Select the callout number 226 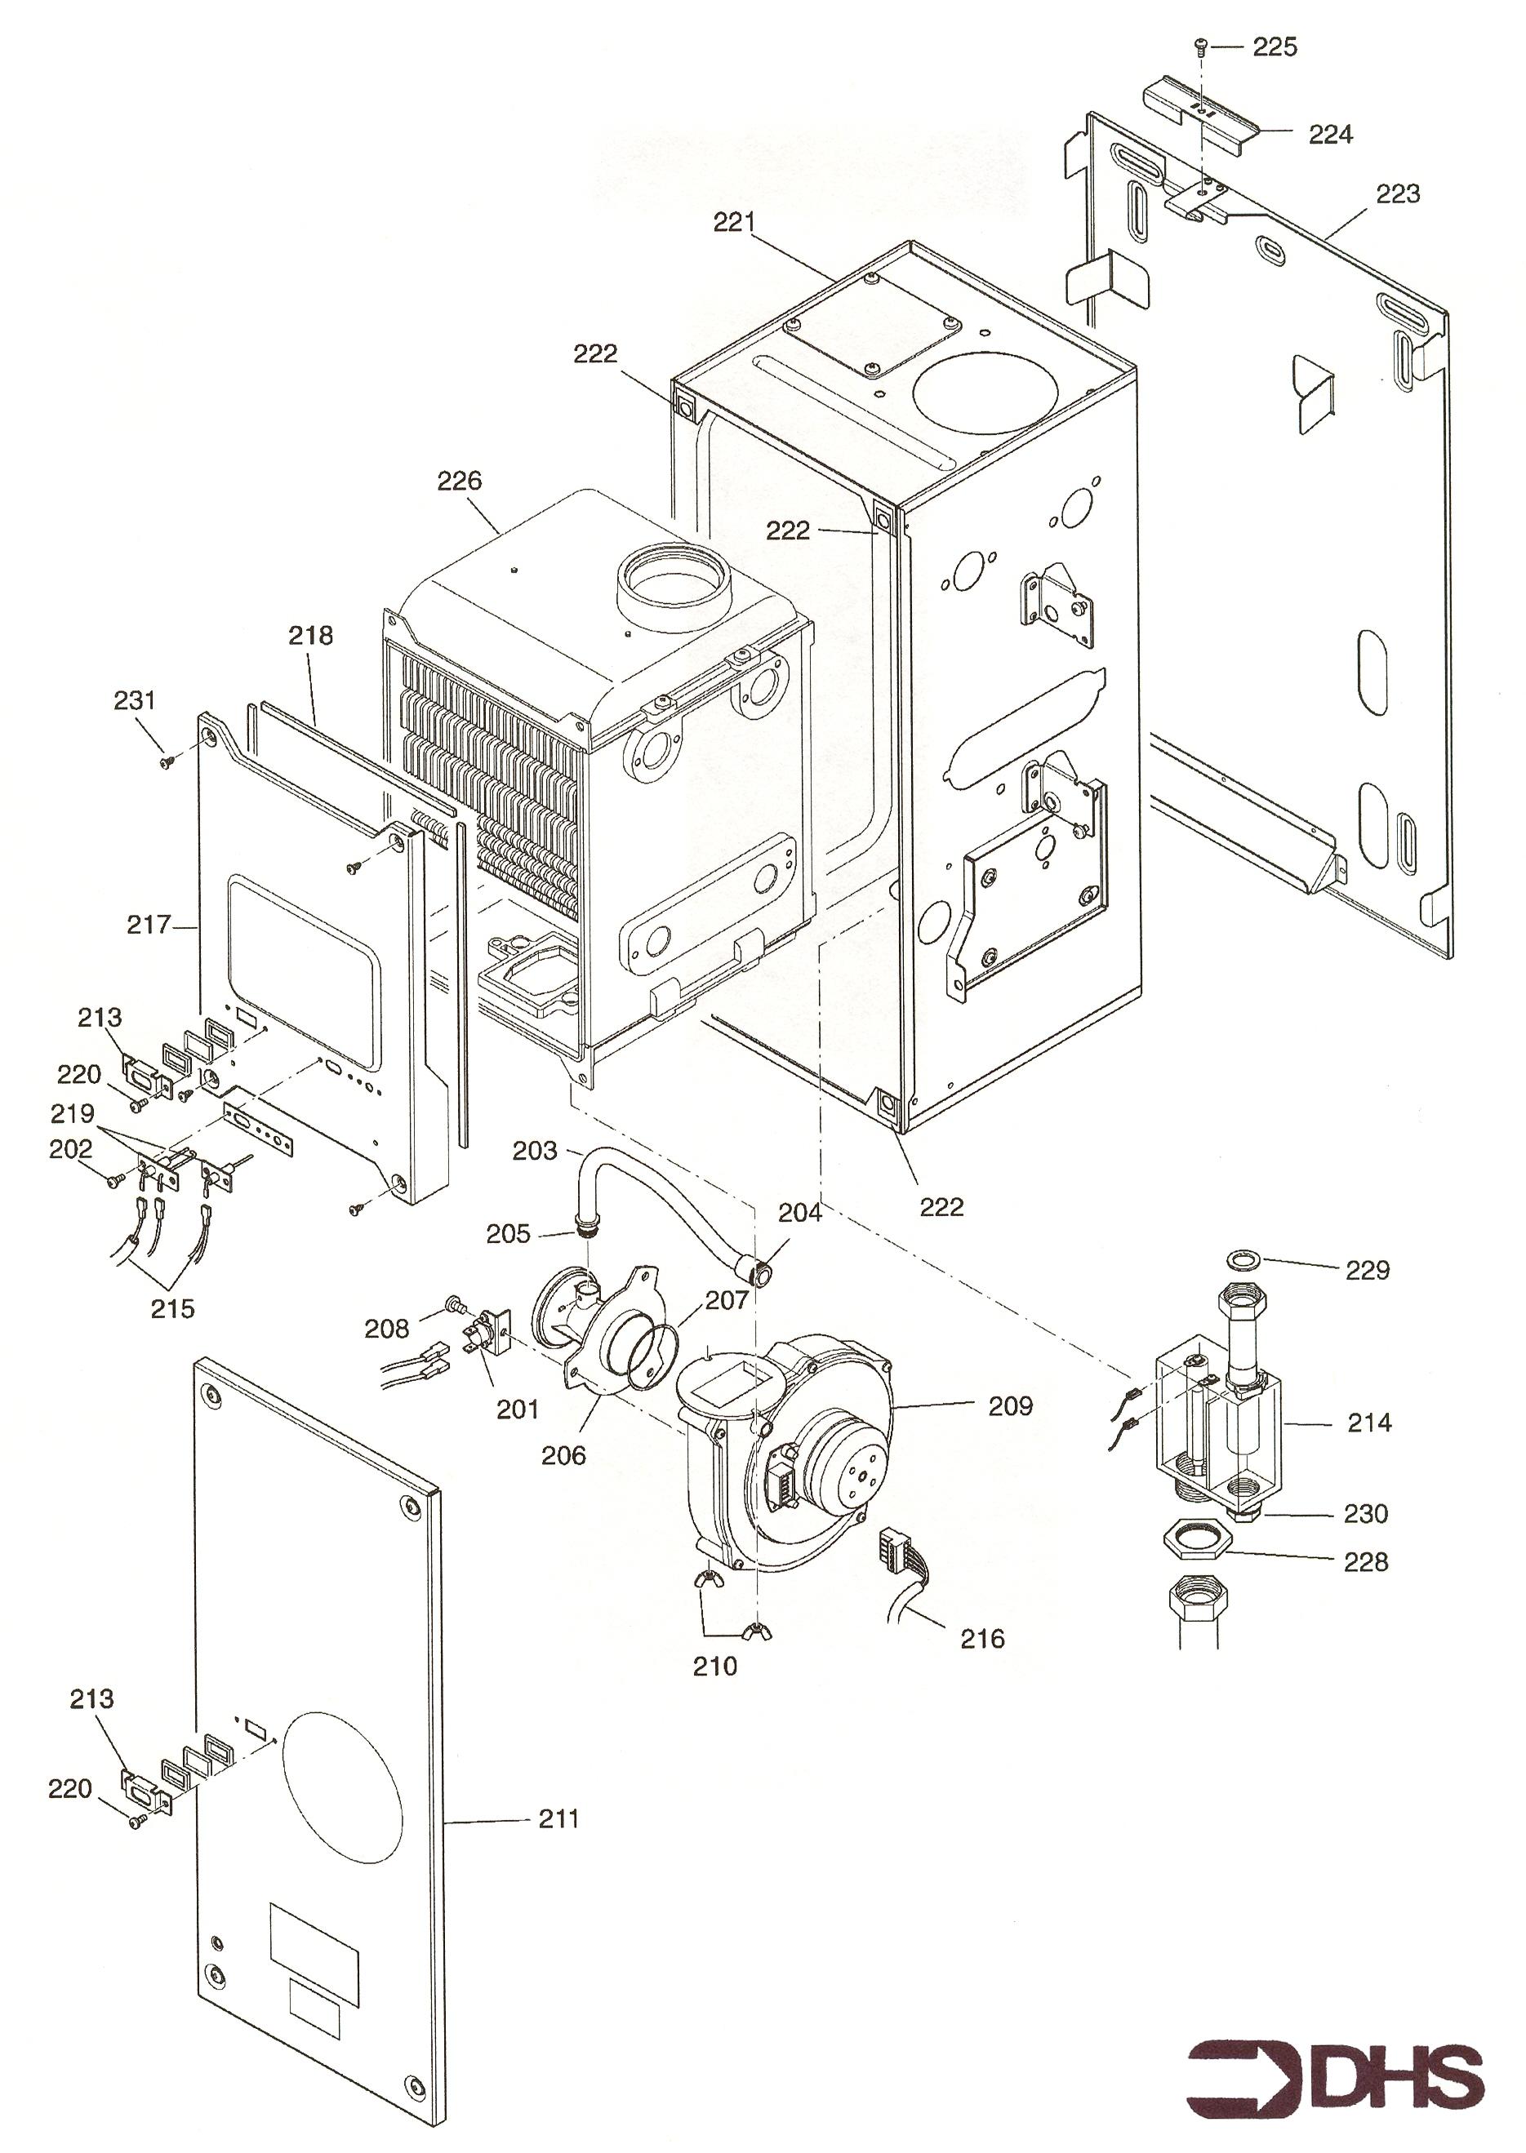coord(459,481)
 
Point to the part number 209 coord(1010,1405)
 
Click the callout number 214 coord(1369,1423)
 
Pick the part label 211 coord(559,1819)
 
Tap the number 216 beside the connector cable coord(982,1639)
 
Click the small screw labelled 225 coord(1202,46)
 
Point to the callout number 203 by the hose coord(535,1151)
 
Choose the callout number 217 coord(149,926)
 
